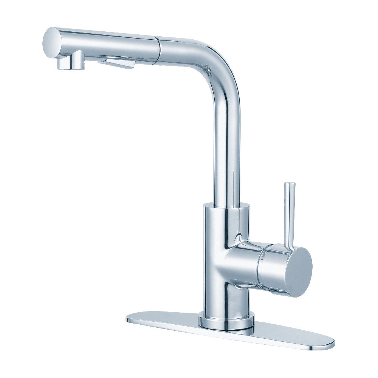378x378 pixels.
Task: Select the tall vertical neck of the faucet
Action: [227, 144]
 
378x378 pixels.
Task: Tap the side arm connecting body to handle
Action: [246, 261]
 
